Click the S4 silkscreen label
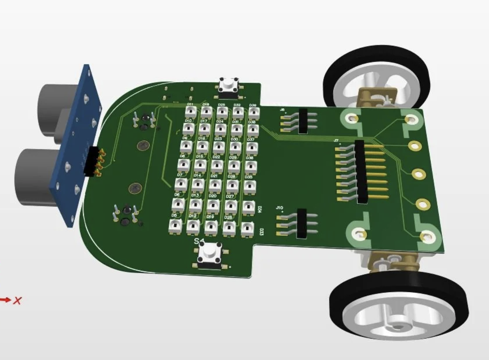click(x=199, y=241)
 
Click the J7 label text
click(x=336, y=141)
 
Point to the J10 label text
click(x=280, y=208)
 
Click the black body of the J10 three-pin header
click(x=301, y=223)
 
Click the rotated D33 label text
click(x=261, y=232)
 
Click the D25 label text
click(x=222, y=105)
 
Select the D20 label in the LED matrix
click(x=212, y=196)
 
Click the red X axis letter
click(x=17, y=300)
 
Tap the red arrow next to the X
click(x=5, y=300)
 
